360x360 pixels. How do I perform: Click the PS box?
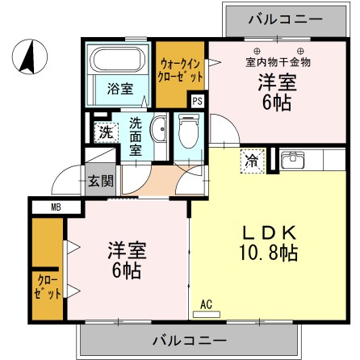pyautogui.click(x=197, y=101)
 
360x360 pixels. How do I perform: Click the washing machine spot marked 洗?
pyautogui.click(x=106, y=132)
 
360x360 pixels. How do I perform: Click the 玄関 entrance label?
pyautogui.click(x=100, y=181)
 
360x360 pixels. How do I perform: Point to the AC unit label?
pyautogui.click(x=206, y=303)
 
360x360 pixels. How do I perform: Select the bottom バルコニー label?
pyautogui.click(x=190, y=338)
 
